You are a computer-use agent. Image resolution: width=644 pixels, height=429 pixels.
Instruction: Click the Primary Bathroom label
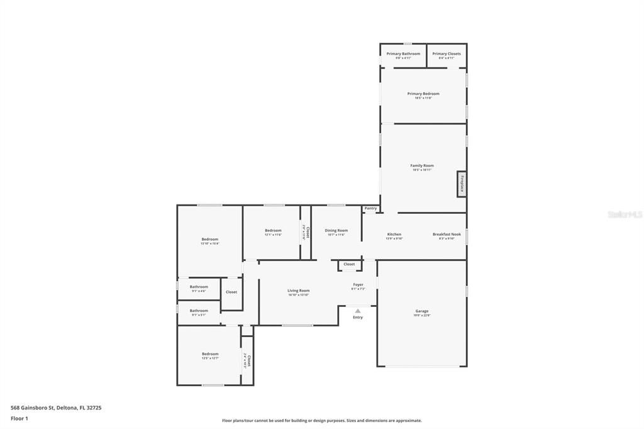pyautogui.click(x=403, y=54)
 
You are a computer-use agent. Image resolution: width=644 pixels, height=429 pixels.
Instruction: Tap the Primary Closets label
pyautogui.click(x=447, y=54)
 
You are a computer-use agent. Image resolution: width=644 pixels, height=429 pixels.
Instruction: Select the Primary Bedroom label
pyautogui.click(x=423, y=94)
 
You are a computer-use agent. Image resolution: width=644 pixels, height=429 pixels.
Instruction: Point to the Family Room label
pyautogui.click(x=422, y=165)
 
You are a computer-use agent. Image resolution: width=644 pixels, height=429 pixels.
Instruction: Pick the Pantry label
pyautogui.click(x=370, y=208)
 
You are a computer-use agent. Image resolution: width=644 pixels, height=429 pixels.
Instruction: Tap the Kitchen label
pyautogui.click(x=394, y=235)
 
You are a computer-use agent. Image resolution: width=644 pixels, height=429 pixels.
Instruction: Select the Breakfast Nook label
pyautogui.click(x=447, y=235)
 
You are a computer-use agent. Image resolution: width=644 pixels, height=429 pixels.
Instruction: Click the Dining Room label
pyautogui.click(x=336, y=231)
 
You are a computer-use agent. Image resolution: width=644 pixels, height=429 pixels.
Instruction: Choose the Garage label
pyautogui.click(x=421, y=311)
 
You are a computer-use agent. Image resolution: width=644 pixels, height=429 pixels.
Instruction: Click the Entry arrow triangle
pyautogui.click(x=357, y=310)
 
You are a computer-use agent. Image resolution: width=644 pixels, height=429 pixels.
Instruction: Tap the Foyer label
pyautogui.click(x=358, y=285)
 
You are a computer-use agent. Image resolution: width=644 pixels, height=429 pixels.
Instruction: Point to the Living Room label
pyautogui.click(x=298, y=291)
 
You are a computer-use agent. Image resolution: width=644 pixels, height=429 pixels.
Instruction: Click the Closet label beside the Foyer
pyautogui.click(x=349, y=264)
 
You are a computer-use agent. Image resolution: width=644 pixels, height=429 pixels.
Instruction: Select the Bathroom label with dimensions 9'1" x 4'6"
pyautogui.click(x=199, y=287)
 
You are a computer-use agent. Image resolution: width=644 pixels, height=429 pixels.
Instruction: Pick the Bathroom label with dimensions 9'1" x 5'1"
pyautogui.click(x=199, y=311)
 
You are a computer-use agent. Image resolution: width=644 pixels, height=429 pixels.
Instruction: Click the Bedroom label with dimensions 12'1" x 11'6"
pyautogui.click(x=273, y=231)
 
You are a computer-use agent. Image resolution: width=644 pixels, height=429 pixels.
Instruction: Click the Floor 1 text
pyautogui.click(x=19, y=418)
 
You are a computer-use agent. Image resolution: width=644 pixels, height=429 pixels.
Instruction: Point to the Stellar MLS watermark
pyautogui.click(x=625, y=214)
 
